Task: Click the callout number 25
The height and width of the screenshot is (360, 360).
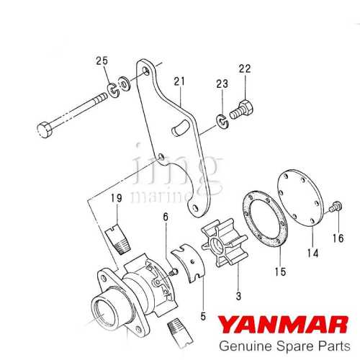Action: click(102, 60)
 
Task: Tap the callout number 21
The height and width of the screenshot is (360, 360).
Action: click(179, 81)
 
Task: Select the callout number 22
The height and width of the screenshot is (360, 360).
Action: click(245, 69)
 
